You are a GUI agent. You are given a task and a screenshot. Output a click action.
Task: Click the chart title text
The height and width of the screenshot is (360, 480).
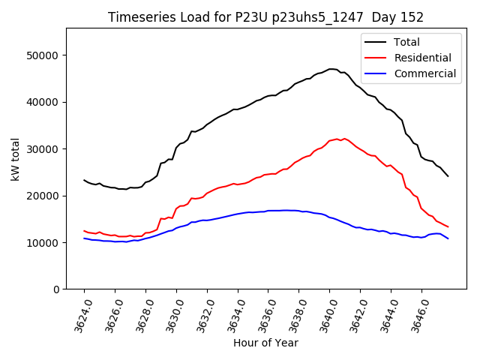coord(265,17)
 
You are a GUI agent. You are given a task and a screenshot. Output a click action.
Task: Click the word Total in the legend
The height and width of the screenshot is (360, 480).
coord(406,42)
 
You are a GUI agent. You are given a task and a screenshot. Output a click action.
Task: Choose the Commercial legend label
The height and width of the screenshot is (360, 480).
coord(424,73)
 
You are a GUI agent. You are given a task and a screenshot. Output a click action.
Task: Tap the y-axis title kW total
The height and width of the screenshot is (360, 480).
coord(15,158)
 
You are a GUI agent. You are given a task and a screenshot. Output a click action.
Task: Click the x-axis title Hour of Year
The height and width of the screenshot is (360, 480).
coord(265,343)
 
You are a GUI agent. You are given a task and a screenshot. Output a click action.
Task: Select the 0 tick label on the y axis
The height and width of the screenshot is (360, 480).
coord(56,289)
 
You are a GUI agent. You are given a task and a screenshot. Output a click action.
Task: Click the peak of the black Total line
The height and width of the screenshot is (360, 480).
coord(331,69)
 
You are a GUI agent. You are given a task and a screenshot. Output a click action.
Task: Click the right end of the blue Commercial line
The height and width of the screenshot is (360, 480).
coord(448,238)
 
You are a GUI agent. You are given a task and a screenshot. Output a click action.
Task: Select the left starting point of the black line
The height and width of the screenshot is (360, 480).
coord(84,180)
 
